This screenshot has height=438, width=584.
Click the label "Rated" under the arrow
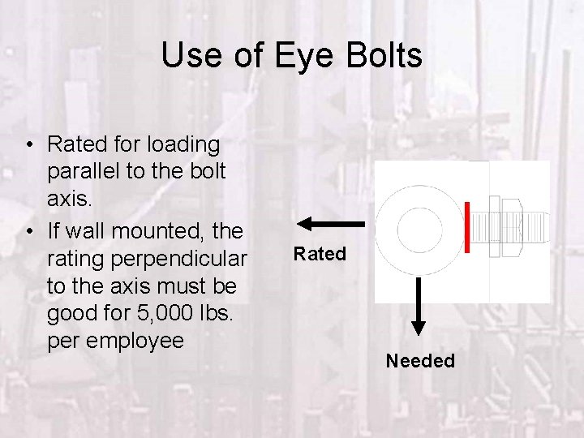point(320,254)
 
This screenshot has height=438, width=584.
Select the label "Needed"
point(420,361)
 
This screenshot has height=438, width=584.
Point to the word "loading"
point(183,144)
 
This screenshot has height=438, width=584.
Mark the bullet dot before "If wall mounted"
point(28,233)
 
